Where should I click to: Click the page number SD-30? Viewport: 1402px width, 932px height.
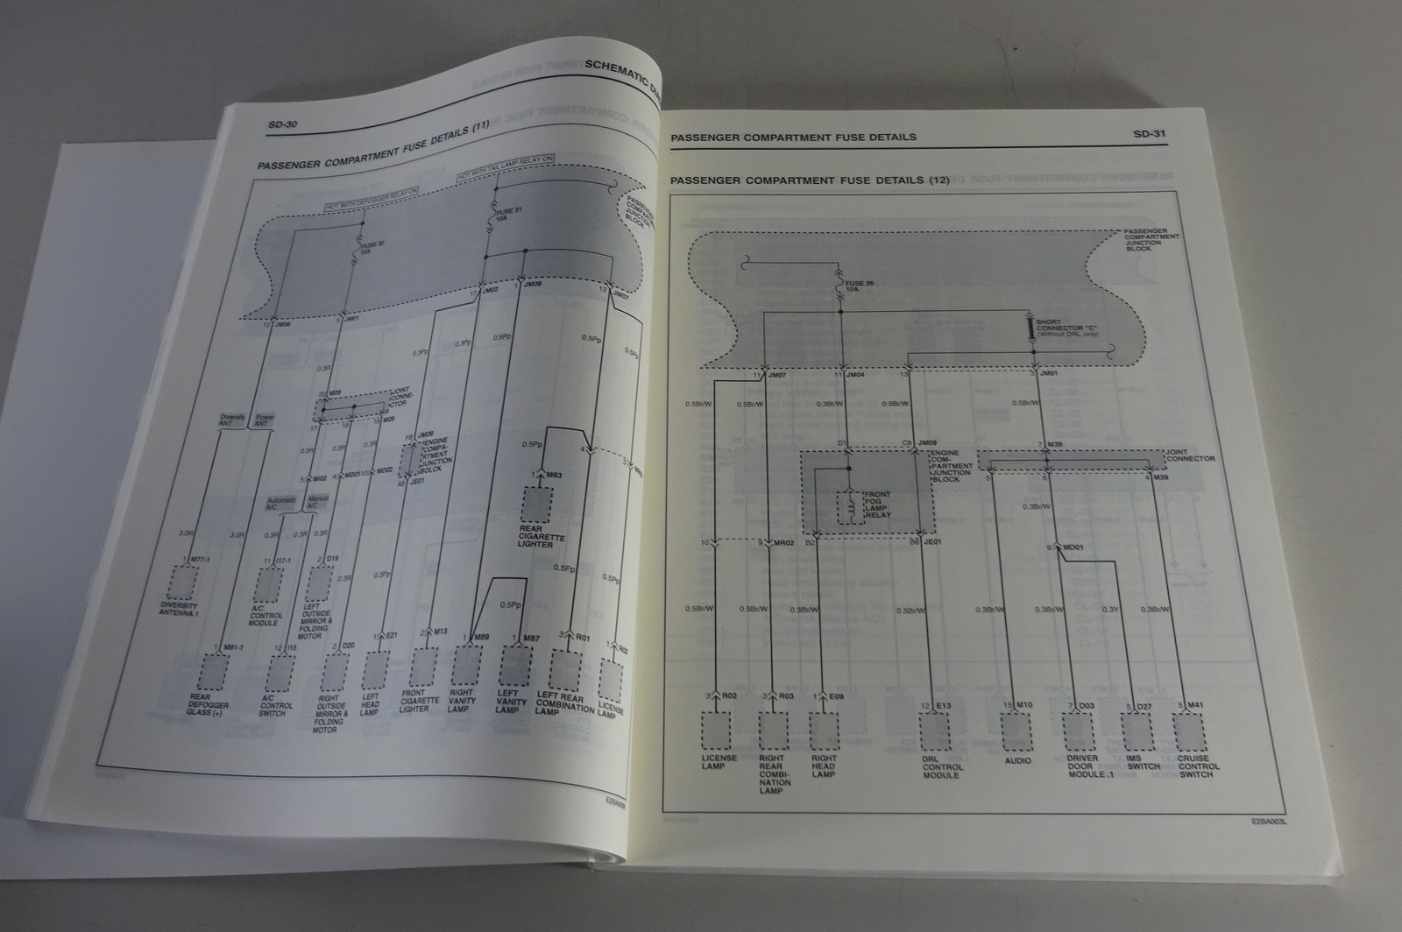(x=282, y=124)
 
